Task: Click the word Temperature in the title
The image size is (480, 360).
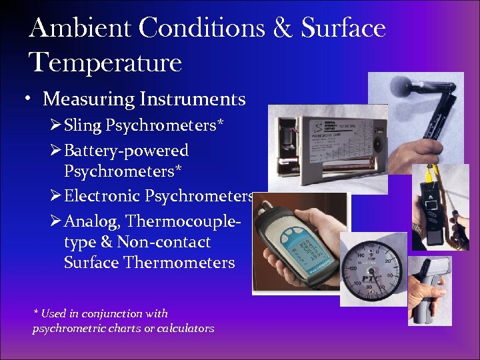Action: coord(105,63)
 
